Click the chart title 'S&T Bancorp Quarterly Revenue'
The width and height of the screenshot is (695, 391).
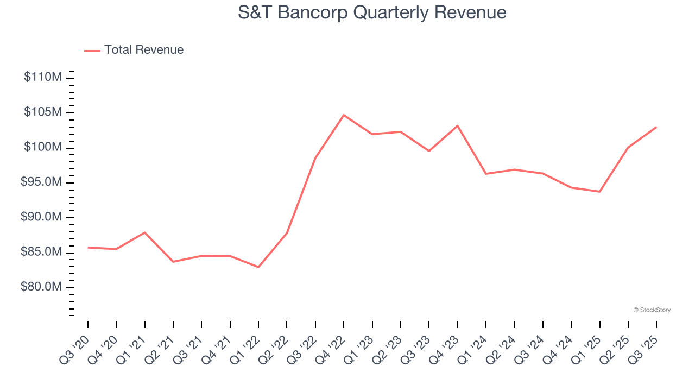[372, 12]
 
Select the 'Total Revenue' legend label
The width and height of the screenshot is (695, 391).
[144, 50]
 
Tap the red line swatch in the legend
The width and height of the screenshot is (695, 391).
[92, 51]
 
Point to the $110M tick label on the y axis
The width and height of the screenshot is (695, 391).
[43, 77]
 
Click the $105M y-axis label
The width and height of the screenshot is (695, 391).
[43, 112]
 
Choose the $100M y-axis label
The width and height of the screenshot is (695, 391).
[43, 148]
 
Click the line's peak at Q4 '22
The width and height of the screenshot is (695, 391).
[344, 115]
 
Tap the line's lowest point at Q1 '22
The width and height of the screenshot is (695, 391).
[258, 267]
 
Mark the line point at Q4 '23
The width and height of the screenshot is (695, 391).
[457, 126]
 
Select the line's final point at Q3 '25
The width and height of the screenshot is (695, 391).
[656, 127]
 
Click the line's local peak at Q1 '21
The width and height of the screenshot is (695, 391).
[144, 232]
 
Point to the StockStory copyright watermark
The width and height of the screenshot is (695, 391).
[652, 310]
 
